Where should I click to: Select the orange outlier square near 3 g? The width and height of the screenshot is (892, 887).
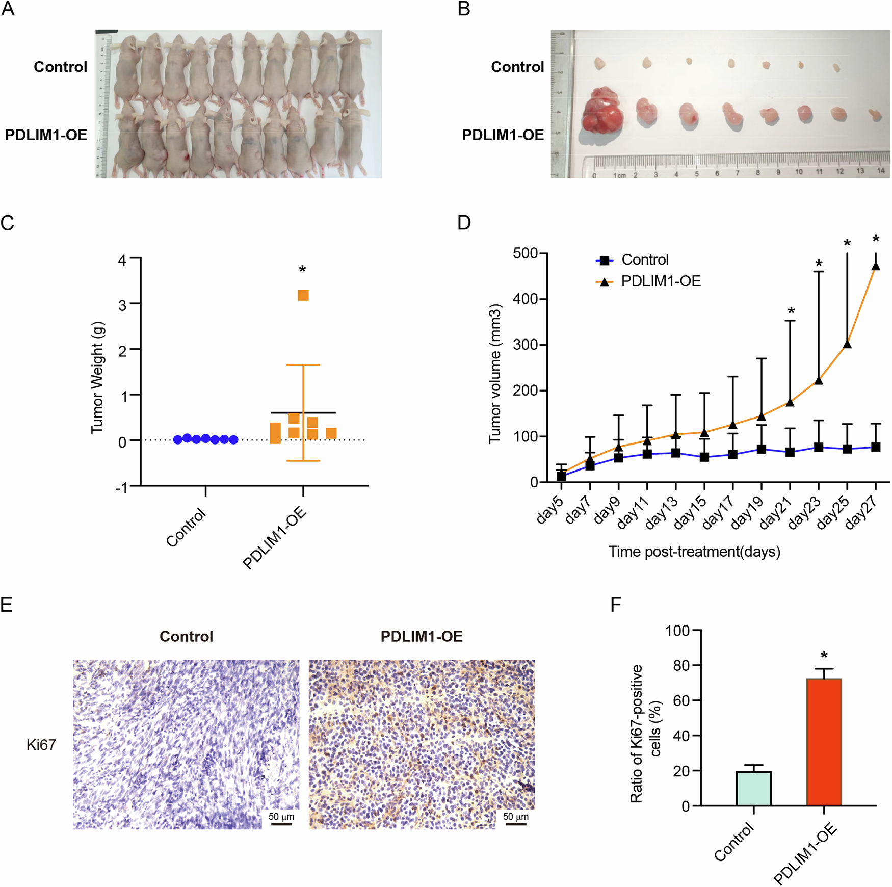point(303,295)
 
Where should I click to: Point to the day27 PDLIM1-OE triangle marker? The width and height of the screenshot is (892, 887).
point(876,266)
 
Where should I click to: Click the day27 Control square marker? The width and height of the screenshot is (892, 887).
point(876,447)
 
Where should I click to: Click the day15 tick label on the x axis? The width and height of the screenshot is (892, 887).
point(691,512)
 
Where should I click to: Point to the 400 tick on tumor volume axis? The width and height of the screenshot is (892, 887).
point(526,299)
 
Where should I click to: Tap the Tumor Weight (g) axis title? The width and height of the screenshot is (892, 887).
point(97,377)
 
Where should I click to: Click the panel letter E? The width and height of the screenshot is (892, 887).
point(7,605)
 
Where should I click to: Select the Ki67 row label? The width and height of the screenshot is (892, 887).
point(41,745)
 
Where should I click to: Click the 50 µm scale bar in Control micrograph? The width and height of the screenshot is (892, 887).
point(281,823)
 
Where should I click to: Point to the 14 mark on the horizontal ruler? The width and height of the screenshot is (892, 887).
point(880,171)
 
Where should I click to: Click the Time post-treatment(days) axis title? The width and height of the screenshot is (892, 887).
point(694,552)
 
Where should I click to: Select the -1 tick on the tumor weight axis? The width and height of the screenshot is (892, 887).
point(121,487)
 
